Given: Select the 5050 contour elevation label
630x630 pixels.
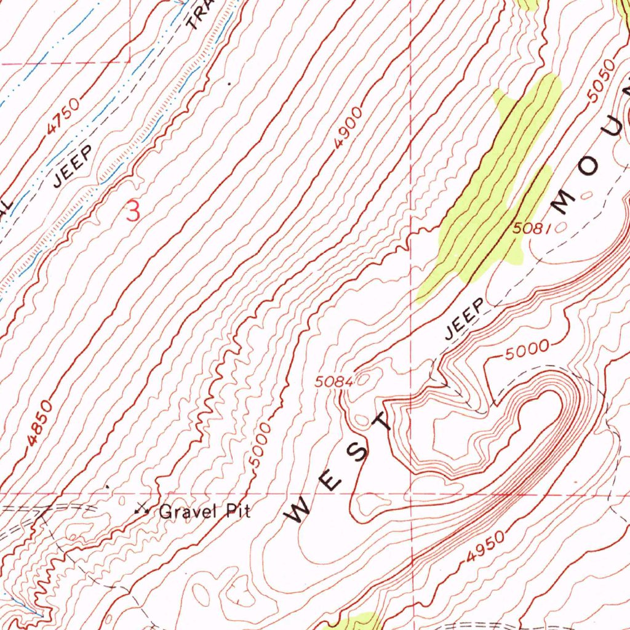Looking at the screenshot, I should pyautogui.click(x=600, y=80).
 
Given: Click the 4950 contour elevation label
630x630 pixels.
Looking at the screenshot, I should pyautogui.click(x=485, y=547).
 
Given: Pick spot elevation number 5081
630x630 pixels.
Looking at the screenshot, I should pyautogui.click(x=530, y=228).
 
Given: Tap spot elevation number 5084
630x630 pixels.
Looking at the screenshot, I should pyautogui.click(x=333, y=381).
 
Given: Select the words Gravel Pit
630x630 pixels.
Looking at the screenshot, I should pyautogui.click(x=205, y=511).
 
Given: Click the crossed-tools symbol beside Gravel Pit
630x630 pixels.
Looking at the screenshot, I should pyautogui.click(x=143, y=509).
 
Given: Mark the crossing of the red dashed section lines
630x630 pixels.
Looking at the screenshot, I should pyautogui.click(x=410, y=493).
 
